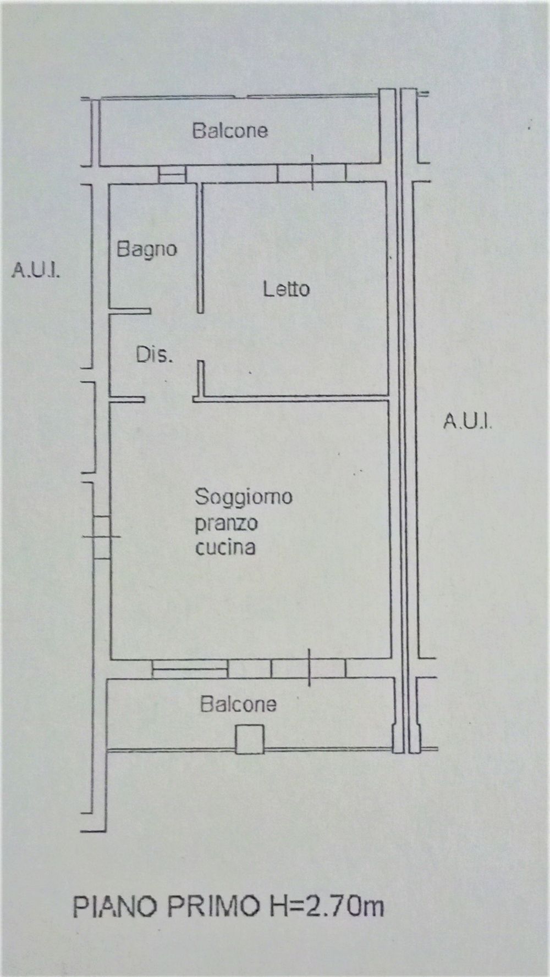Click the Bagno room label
pyautogui.click(x=146, y=250)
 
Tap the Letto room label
pyautogui.click(x=286, y=288)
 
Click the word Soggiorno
pyautogui.click(x=244, y=497)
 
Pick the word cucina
pyautogui.click(x=226, y=547)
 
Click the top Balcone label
pyautogui.click(x=230, y=130)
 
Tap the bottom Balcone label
pyautogui.click(x=238, y=704)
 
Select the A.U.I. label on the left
pyautogui.click(x=36, y=270)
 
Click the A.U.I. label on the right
pyautogui.click(x=468, y=422)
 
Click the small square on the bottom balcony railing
pyautogui.click(x=249, y=739)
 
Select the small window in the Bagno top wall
pyautogui.click(x=172, y=174)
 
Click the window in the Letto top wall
pyautogui.click(x=312, y=173)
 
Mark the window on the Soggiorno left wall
pyautogui.click(x=102, y=537)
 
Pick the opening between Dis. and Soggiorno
pyautogui.click(x=169, y=398)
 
